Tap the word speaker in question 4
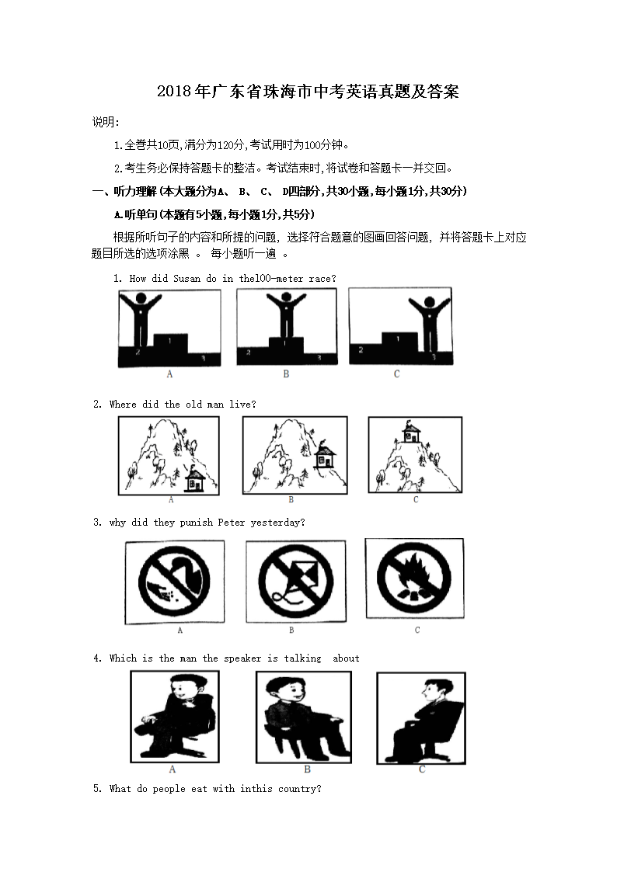pos(242,658)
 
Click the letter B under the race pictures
pos(286,374)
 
